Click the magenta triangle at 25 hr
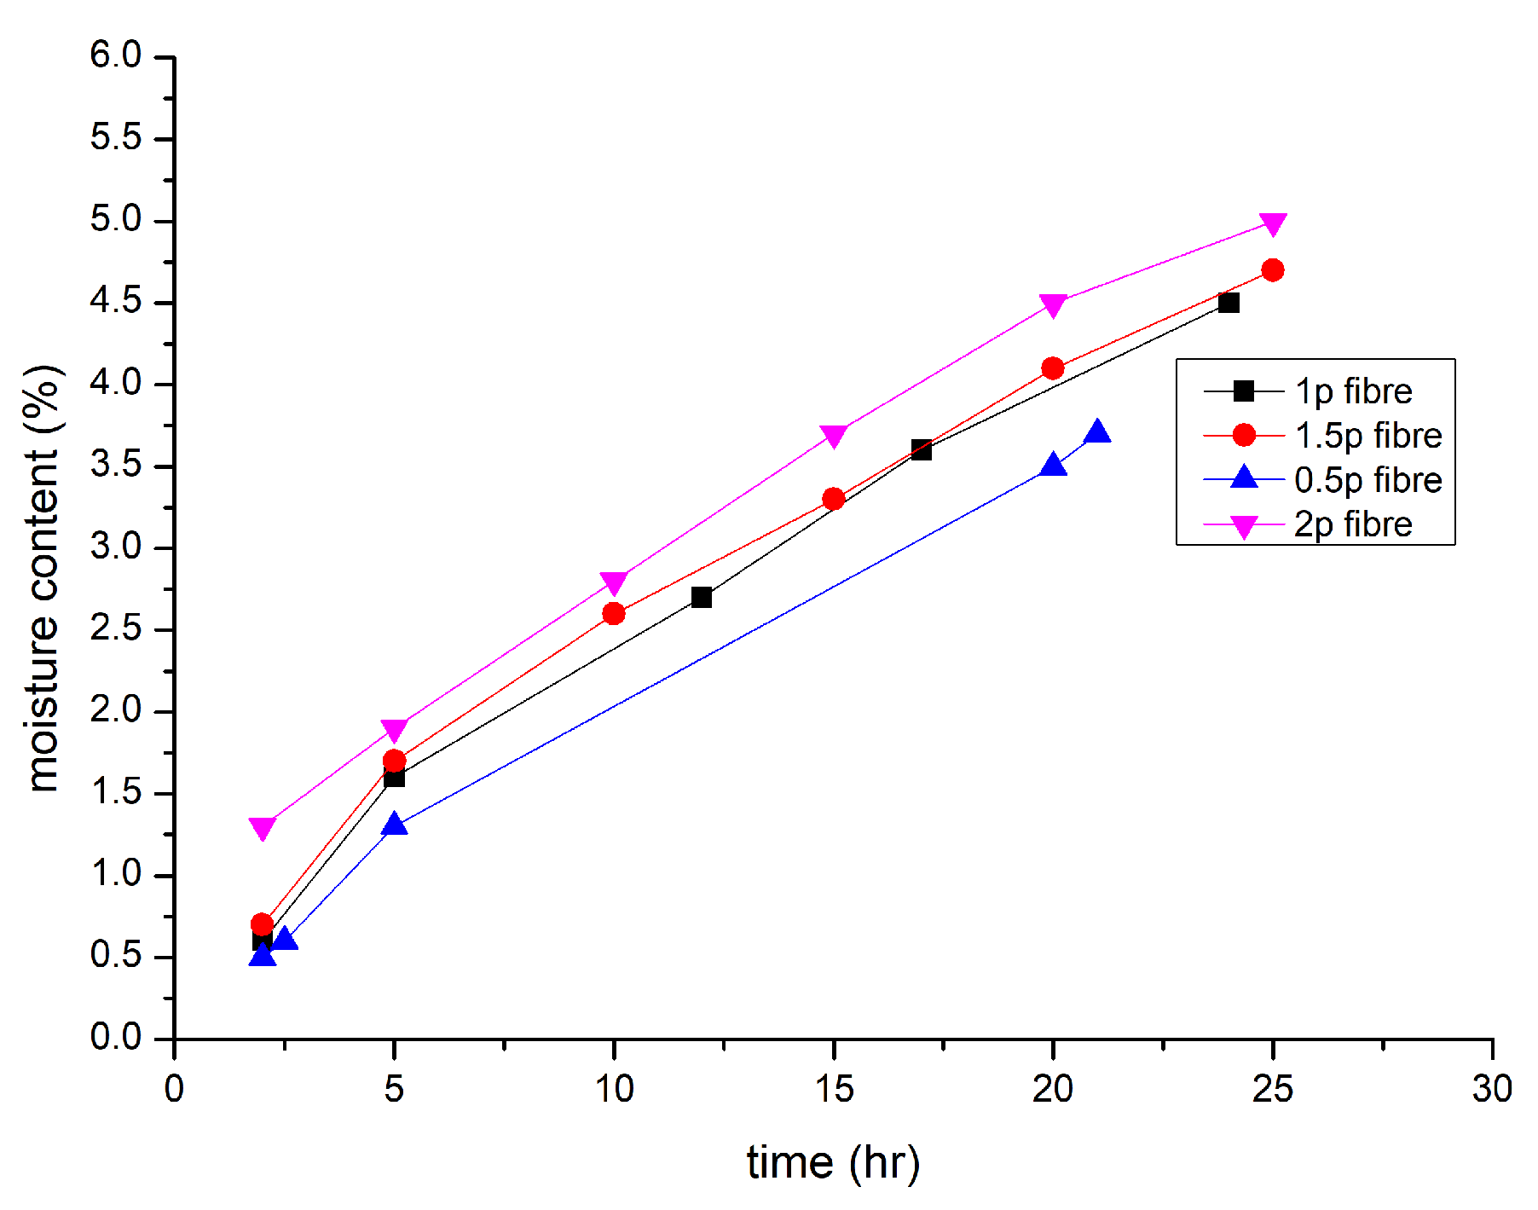(1272, 223)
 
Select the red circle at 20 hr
(1053, 368)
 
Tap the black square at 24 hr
(1229, 303)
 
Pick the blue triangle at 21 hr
(1097, 432)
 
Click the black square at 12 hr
(702, 597)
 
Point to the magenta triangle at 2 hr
(263, 828)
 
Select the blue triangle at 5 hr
(394, 825)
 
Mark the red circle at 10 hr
(614, 614)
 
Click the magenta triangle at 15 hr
(834, 436)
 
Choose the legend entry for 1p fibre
(1353, 391)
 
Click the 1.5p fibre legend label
(1367, 436)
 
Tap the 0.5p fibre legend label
(1367, 480)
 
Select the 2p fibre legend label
(1353, 524)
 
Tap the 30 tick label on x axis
(1492, 1089)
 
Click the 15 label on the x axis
(833, 1089)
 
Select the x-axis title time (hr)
(833, 1162)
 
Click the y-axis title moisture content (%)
(43, 580)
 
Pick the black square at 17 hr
(921, 449)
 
